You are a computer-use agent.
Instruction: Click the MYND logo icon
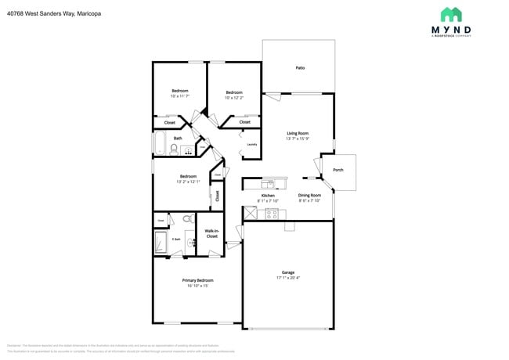point(450,15)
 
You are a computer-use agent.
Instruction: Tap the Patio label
point(300,68)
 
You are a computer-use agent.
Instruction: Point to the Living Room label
point(298,133)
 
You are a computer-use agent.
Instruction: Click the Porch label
point(338,170)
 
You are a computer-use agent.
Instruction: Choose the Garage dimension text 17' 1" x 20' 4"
point(287,278)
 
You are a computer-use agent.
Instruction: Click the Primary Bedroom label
point(197,280)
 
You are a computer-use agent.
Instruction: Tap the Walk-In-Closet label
point(211,232)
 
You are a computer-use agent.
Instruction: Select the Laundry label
point(252,145)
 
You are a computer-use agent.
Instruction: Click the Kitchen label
point(267,196)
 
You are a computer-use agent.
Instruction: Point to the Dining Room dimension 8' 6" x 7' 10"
point(309,200)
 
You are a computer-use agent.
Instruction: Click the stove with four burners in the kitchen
point(272,213)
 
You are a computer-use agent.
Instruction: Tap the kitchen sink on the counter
point(269,183)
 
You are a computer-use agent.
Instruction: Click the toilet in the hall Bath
point(174,149)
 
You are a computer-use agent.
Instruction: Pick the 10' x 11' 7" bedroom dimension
point(179,96)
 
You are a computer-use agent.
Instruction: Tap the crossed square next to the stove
point(251,213)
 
